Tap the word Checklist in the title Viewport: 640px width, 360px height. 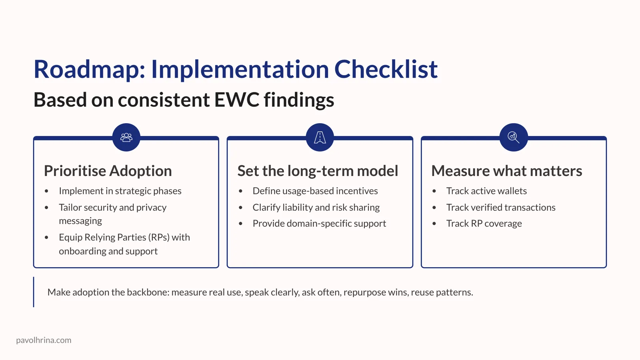click(x=386, y=70)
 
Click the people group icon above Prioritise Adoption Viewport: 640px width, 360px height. click(x=126, y=137)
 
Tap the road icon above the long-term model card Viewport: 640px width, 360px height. click(x=320, y=137)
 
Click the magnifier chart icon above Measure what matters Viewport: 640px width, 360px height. click(x=513, y=137)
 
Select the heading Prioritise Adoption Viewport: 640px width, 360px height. click(x=108, y=171)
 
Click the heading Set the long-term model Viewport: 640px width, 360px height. click(x=318, y=171)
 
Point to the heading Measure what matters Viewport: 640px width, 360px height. click(x=506, y=171)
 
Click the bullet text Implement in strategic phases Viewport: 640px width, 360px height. click(x=120, y=191)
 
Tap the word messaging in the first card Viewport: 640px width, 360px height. click(x=80, y=221)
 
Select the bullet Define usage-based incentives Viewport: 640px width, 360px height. click(x=315, y=191)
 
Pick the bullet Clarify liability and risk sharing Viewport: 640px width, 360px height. click(x=316, y=207)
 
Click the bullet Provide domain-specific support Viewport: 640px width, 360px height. click(x=319, y=223)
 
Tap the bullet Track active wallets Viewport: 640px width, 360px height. click(x=486, y=191)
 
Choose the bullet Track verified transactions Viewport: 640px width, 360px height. click(x=501, y=207)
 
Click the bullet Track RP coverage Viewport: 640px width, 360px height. click(x=484, y=223)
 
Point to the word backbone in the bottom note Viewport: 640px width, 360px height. click(x=148, y=292)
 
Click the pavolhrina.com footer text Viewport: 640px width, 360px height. click(x=44, y=340)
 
